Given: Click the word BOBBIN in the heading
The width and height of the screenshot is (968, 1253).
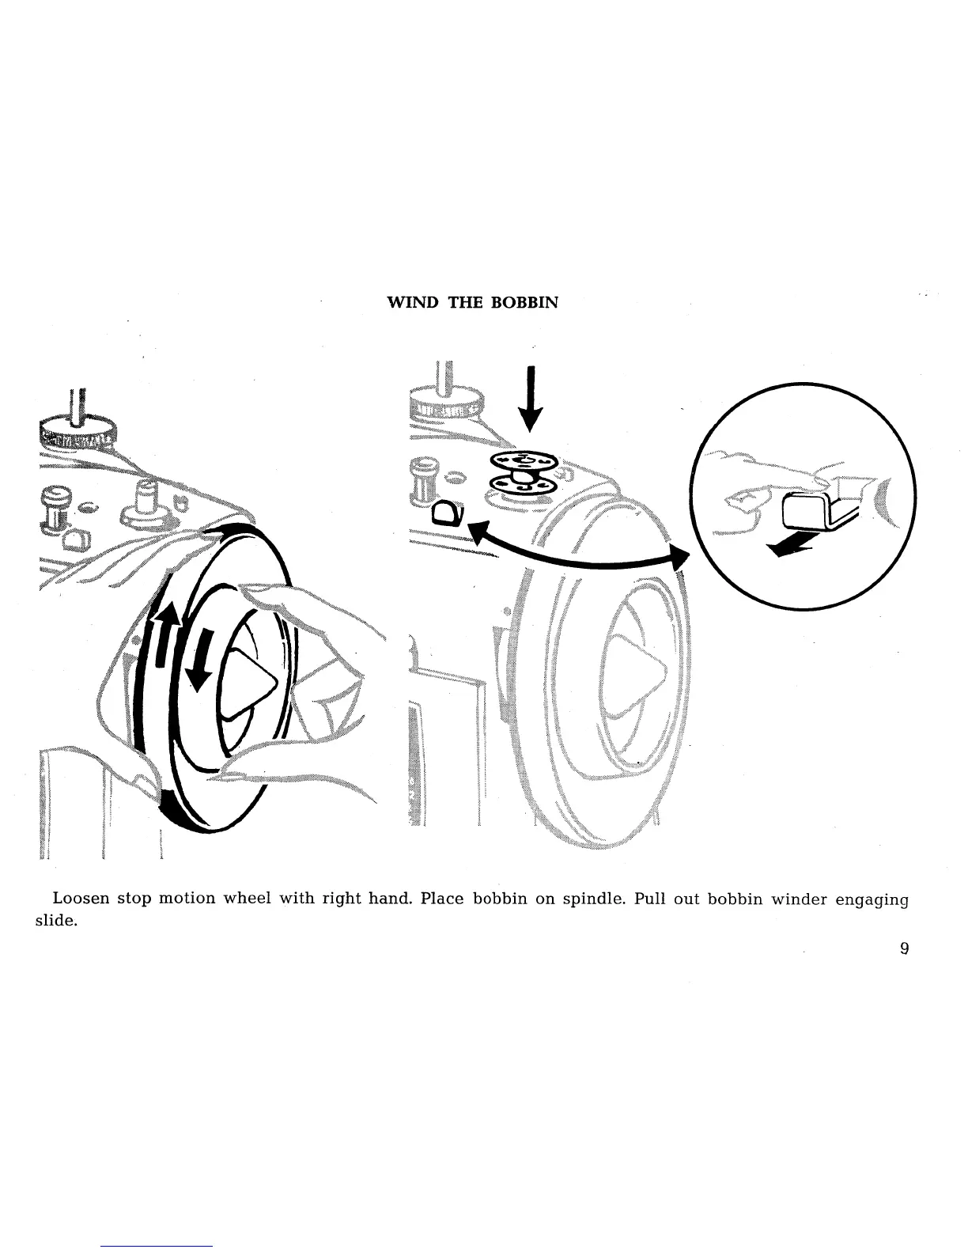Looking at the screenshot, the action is tap(525, 302).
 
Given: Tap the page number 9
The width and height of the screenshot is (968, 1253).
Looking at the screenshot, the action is tap(903, 948).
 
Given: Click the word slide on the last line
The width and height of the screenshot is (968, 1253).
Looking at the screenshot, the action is tap(63, 922).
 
